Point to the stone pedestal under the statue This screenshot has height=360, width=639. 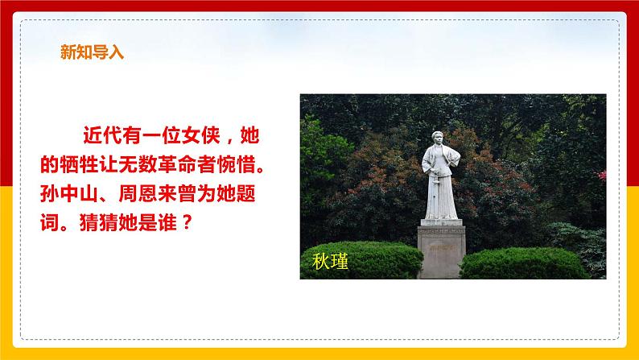click(x=441, y=250)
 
